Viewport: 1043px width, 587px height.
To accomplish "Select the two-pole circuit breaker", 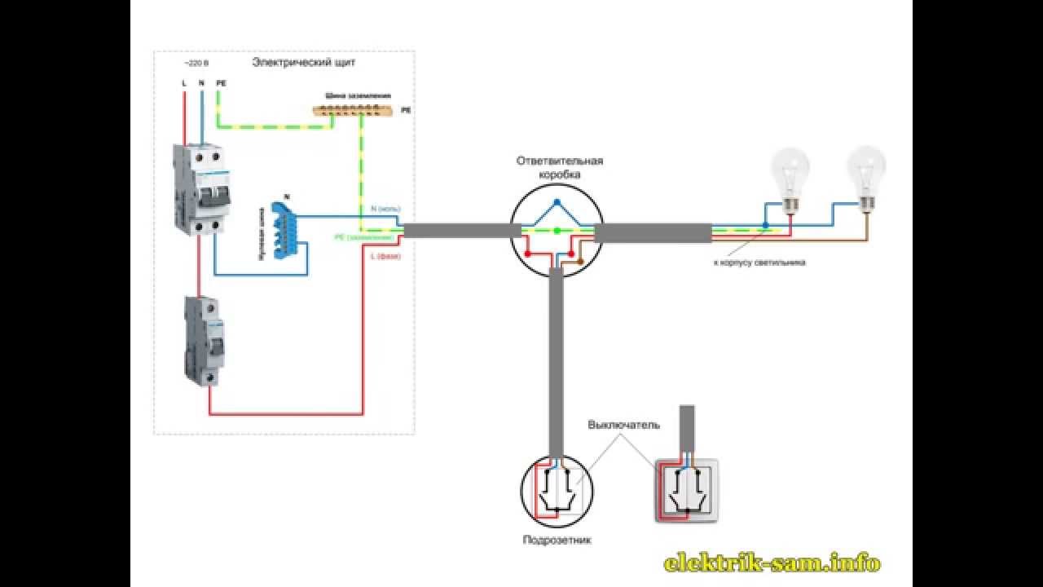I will (x=197, y=188).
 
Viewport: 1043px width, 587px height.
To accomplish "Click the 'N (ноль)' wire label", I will (x=385, y=209).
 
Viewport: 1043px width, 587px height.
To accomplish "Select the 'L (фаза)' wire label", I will (x=386, y=257).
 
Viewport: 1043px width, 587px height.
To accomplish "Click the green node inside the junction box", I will (x=557, y=232).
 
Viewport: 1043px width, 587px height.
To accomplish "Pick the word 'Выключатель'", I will (x=624, y=425).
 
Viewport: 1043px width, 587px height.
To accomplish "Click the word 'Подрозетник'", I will (x=557, y=540).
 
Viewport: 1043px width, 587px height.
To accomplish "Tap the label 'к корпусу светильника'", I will (x=759, y=263).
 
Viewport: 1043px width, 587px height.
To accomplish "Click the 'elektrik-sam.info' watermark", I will (x=772, y=562).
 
